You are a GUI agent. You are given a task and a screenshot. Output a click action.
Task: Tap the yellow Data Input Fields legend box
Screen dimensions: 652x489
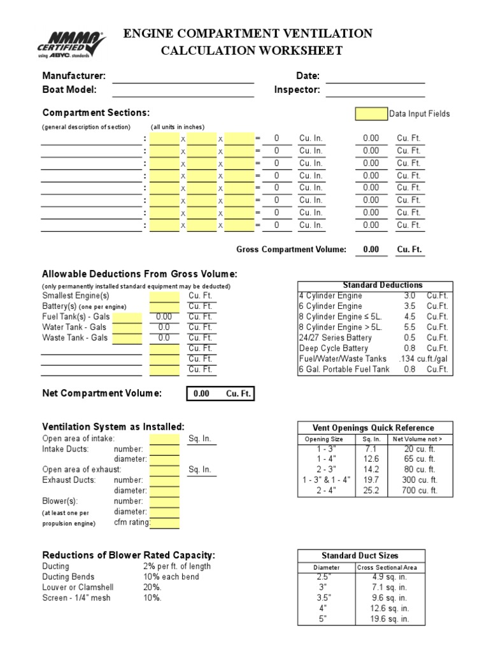coord(371,114)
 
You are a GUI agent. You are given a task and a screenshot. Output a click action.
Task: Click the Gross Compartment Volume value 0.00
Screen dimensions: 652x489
coord(371,250)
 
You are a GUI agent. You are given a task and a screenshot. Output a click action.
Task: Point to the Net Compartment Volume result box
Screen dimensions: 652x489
coord(220,393)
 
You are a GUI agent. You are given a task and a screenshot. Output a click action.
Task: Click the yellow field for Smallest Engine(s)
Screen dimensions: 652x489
coord(164,296)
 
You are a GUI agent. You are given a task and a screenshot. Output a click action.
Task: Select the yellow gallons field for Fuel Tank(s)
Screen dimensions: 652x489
coord(127,317)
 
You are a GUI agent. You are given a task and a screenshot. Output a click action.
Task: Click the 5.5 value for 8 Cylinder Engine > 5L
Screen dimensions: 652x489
coord(409,327)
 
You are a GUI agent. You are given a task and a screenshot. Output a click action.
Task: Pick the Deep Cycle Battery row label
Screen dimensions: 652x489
coord(334,348)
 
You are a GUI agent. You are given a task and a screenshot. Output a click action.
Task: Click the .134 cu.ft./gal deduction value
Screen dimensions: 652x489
coord(423,359)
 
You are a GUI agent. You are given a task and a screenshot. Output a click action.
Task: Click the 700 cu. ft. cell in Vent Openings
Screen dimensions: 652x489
coord(420,490)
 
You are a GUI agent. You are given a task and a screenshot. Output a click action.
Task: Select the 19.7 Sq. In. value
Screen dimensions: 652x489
coord(371,479)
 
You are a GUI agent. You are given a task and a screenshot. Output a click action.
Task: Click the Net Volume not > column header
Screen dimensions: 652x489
coord(417,439)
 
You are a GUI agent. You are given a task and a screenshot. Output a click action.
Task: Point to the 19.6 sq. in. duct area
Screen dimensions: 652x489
coord(390,619)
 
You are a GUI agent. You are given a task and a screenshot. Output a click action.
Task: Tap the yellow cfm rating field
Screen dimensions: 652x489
coord(164,523)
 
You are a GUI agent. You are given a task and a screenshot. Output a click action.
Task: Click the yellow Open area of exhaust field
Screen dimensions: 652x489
coord(164,470)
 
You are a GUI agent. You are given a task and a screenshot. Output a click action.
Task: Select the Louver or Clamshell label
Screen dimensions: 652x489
coord(71,587)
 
